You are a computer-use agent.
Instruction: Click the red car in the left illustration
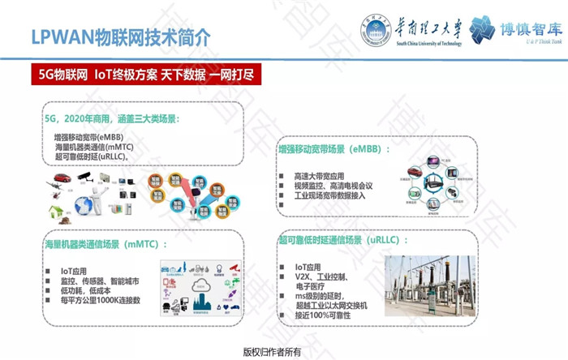62,177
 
